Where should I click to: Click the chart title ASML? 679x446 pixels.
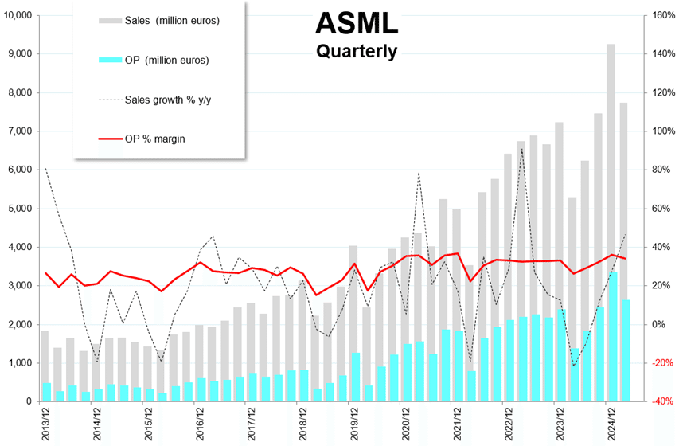[x=356, y=24]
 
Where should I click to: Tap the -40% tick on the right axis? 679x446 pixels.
[x=663, y=401]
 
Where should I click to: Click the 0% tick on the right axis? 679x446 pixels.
[x=660, y=324]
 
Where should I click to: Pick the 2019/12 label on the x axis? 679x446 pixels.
[x=353, y=422]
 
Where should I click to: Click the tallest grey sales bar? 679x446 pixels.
[x=611, y=223]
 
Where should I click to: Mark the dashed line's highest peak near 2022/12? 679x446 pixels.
[x=521, y=149]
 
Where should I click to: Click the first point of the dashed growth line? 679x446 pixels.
[x=45, y=169]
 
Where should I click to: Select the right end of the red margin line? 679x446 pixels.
[x=626, y=259]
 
